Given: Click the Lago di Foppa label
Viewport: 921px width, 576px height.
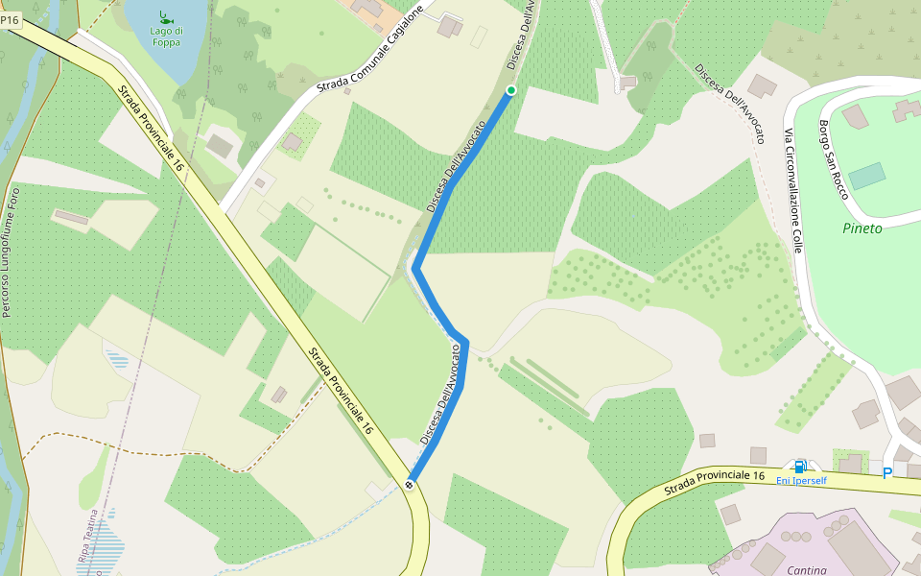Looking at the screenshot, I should click(x=166, y=36).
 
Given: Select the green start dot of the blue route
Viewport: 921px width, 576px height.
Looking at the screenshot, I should click(x=511, y=90).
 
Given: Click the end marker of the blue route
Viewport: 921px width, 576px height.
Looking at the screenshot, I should click(x=410, y=484).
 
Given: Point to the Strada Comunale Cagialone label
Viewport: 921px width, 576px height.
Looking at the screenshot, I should click(x=370, y=52).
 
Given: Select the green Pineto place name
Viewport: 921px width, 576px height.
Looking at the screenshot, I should click(x=862, y=228).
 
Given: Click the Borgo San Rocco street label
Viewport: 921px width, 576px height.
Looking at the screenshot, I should click(x=833, y=158).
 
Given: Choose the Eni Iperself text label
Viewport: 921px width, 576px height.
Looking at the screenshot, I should click(x=801, y=481).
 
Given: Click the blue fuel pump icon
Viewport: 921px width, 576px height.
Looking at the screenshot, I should click(x=800, y=466).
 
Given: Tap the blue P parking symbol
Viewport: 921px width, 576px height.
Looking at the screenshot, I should click(x=887, y=472).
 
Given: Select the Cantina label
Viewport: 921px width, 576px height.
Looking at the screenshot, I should click(x=807, y=570).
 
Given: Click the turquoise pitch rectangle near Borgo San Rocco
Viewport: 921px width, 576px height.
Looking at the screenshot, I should click(x=867, y=176).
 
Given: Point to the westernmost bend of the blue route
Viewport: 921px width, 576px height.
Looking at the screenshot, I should click(x=416, y=270).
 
